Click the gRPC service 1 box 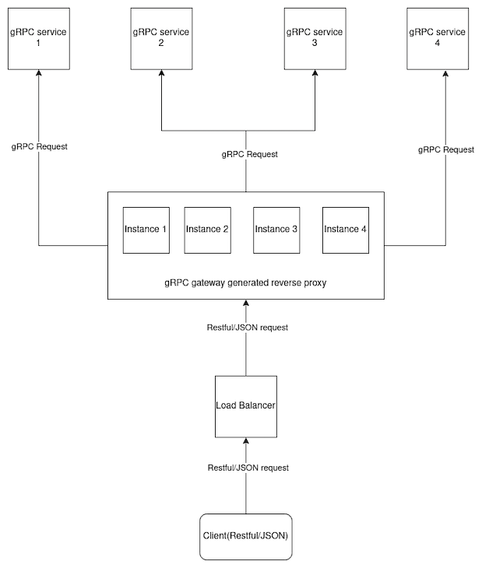click(38, 37)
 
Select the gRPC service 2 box click(161, 37)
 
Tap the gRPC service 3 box click(315, 37)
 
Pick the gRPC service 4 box click(438, 37)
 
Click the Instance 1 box click(146, 230)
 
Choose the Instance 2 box click(207, 230)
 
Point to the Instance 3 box click(276, 230)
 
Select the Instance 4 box click(345, 230)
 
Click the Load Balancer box click(246, 406)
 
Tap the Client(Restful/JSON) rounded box click(246, 537)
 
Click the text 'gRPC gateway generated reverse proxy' click(245, 283)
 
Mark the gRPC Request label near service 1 click(39, 146)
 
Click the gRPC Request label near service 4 click(446, 149)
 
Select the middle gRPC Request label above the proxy click(249, 154)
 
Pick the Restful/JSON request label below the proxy click(248, 328)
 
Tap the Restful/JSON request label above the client click(248, 468)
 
